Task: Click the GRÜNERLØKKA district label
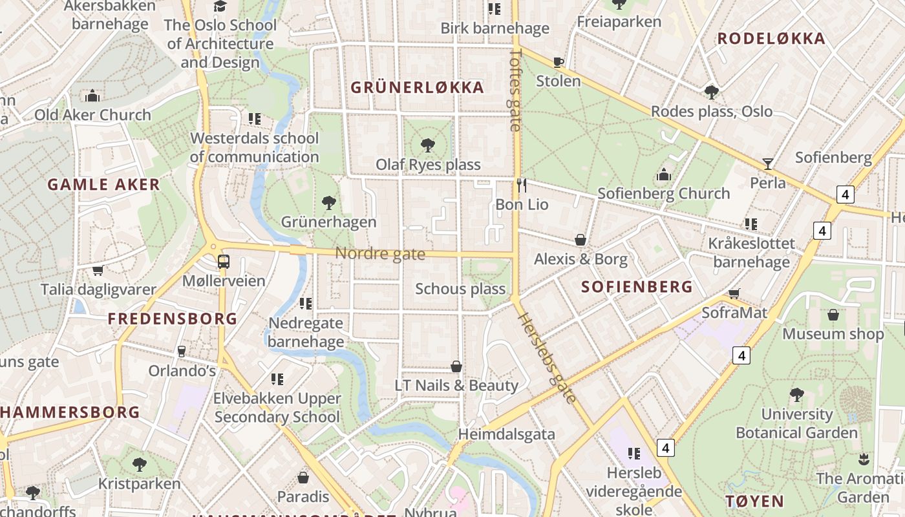417,88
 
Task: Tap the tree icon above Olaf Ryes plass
427,145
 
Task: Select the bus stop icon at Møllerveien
223,262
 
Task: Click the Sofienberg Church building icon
663,174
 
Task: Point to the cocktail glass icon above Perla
767,164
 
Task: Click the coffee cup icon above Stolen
559,62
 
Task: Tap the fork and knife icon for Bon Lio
522,185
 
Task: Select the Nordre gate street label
380,254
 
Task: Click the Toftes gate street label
515,90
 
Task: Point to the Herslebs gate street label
547,358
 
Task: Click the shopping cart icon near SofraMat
734,294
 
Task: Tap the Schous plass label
460,289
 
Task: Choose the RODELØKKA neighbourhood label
771,39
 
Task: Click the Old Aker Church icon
92,96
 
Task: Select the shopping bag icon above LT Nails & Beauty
456,366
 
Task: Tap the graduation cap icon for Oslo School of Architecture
220,6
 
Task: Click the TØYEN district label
754,501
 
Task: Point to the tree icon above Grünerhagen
328,203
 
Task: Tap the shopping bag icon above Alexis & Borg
580,240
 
